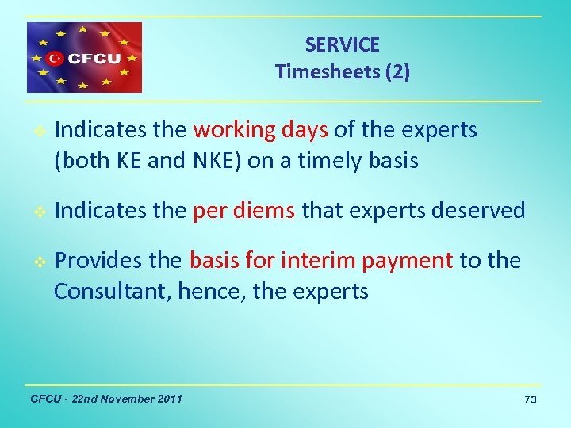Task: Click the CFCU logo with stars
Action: (x=84, y=57)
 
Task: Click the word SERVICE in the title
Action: (x=342, y=45)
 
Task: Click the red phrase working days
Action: (x=260, y=130)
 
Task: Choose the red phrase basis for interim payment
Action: (x=320, y=260)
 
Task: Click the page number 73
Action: (x=530, y=400)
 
